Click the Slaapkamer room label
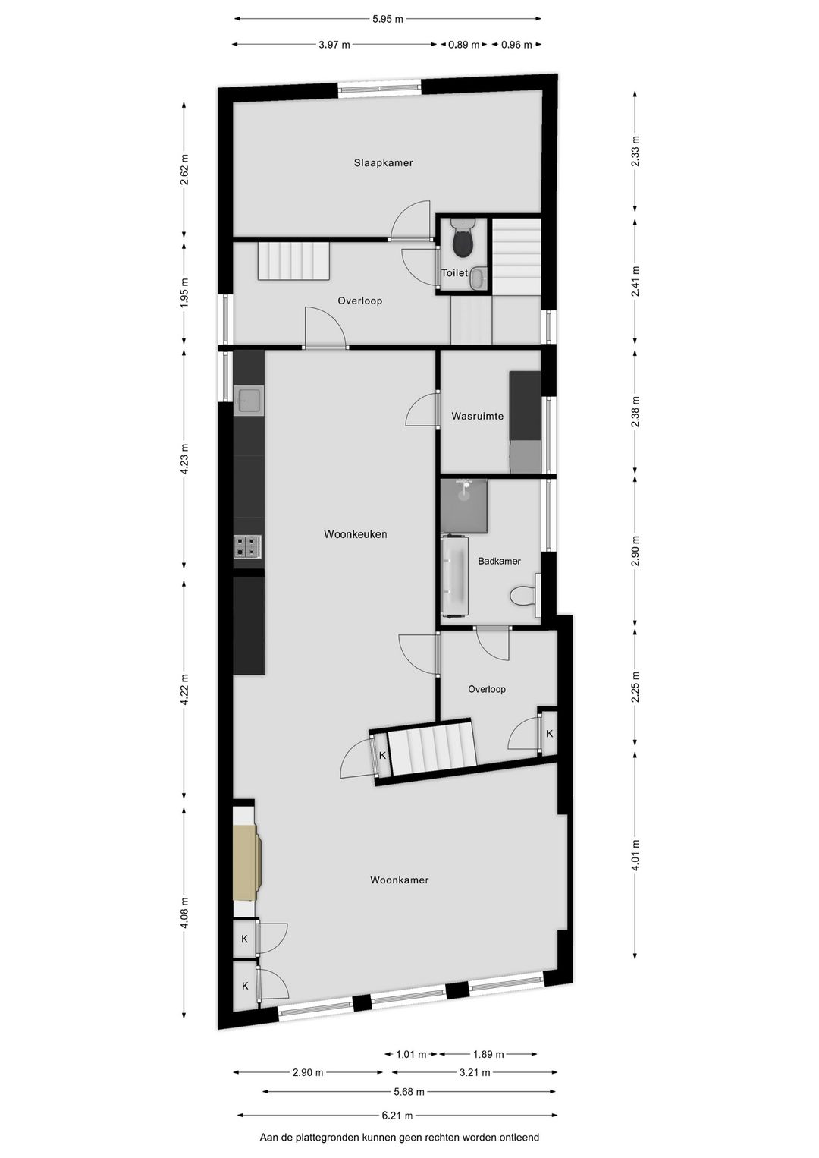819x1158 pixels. (383, 162)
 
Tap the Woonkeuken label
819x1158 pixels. (355, 534)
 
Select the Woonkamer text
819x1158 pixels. (399, 880)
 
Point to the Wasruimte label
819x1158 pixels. (477, 416)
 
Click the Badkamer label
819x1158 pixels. (499, 561)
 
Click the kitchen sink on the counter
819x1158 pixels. (249, 400)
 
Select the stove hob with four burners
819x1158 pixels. (247, 546)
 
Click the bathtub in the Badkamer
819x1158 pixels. (454, 574)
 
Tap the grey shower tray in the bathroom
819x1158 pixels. (463, 505)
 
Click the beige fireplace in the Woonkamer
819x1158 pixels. (246, 863)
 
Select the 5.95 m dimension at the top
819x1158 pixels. (388, 19)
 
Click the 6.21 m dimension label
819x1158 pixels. (397, 1116)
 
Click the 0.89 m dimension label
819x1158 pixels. (464, 45)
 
